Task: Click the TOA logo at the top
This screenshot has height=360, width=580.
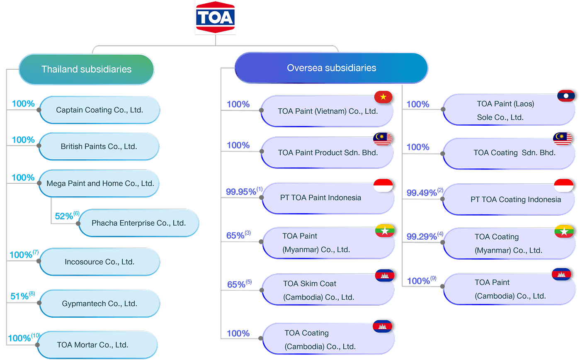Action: click(215, 17)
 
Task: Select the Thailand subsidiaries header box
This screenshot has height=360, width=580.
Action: click(86, 69)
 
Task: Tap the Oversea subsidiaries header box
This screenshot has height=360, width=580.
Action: click(331, 68)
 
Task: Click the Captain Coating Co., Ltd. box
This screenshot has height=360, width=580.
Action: click(99, 110)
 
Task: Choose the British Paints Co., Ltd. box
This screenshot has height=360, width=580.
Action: click(99, 146)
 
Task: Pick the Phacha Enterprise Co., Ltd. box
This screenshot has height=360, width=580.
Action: click(138, 223)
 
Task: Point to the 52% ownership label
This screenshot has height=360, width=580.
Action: click(64, 216)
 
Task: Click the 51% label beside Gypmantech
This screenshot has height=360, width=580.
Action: click(20, 296)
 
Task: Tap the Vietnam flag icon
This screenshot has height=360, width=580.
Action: click(383, 97)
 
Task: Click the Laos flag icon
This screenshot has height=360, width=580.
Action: click(566, 96)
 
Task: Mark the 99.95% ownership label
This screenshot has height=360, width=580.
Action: click(241, 192)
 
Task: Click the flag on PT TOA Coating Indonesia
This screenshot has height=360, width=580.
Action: click(564, 185)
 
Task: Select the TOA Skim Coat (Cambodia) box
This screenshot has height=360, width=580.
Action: click(328, 290)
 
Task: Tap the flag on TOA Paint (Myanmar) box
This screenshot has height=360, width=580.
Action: click(385, 231)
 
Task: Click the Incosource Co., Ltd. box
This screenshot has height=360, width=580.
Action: click(99, 262)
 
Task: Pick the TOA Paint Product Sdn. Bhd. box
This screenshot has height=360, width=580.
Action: click(327, 153)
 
